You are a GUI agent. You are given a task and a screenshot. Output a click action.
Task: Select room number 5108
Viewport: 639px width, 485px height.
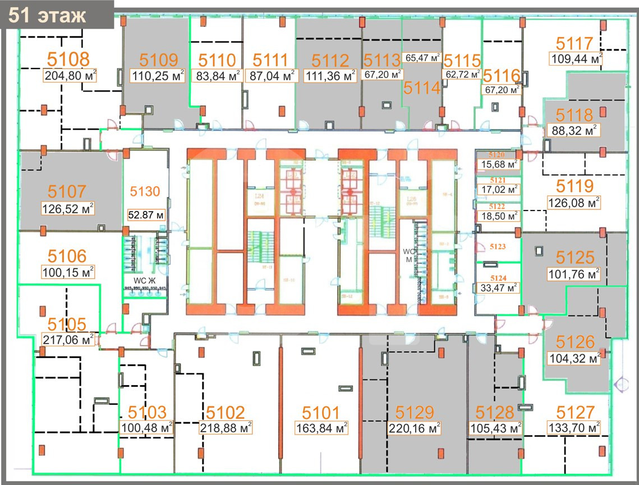pyautogui.click(x=68, y=58)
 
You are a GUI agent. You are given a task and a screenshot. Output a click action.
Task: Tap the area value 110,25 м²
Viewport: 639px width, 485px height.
pyautogui.click(x=154, y=76)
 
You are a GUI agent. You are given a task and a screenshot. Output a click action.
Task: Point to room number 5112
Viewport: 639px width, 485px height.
pyautogui.click(x=330, y=60)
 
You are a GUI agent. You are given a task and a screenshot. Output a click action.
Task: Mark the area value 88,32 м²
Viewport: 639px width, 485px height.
pyautogui.click(x=572, y=131)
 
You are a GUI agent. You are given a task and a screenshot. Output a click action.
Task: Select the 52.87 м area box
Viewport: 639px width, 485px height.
pyautogui.click(x=146, y=214)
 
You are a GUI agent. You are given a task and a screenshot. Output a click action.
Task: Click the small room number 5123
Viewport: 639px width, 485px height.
pyautogui.click(x=498, y=246)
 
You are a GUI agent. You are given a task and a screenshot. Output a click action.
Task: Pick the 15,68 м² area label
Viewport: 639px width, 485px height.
pyautogui.click(x=497, y=165)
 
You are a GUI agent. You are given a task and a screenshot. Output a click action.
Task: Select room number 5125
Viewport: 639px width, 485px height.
pyautogui.click(x=575, y=258)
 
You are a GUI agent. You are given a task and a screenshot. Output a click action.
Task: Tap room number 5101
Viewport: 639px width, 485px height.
pyautogui.click(x=321, y=413)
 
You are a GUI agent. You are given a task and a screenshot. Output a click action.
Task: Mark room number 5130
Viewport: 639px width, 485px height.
pyautogui.click(x=145, y=191)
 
